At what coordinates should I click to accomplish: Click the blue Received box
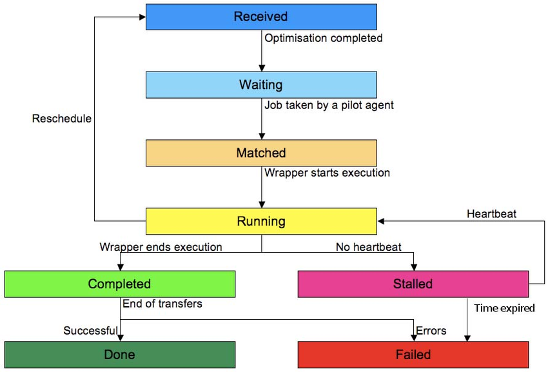(x=261, y=17)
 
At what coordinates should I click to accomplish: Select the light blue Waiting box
(x=261, y=84)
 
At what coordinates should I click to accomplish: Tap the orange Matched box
(x=261, y=153)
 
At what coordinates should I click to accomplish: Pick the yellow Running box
(x=261, y=221)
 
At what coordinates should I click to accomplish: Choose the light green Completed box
(x=119, y=284)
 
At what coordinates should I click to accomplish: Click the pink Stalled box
(x=413, y=284)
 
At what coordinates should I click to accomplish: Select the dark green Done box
(x=119, y=355)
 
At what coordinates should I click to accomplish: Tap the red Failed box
(x=413, y=355)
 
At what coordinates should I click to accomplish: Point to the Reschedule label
(x=62, y=119)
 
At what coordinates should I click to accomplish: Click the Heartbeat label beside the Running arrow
(x=491, y=213)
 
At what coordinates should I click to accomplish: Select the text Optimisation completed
(x=324, y=38)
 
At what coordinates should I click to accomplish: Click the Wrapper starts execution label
(x=327, y=173)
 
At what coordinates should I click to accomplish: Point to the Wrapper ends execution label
(x=161, y=247)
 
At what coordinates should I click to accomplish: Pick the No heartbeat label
(x=368, y=247)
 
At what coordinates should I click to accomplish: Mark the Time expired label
(x=504, y=308)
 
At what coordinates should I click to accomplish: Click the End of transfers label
(x=161, y=303)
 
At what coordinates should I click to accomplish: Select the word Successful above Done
(x=90, y=331)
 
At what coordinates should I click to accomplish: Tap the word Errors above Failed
(x=431, y=331)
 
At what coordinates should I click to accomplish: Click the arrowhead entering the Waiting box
(x=261, y=68)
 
